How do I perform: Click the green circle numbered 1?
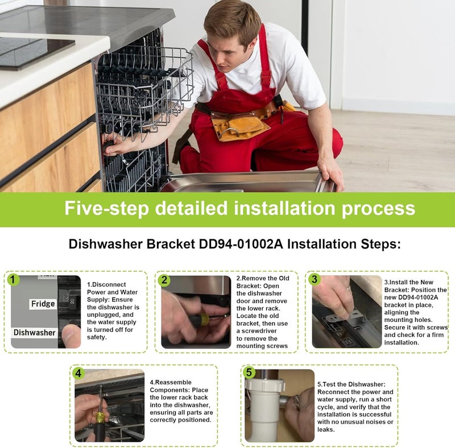(13, 280)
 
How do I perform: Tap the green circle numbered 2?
(164, 280)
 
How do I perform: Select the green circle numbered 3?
(315, 279)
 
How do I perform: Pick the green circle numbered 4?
(78, 373)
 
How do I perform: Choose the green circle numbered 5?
(249, 372)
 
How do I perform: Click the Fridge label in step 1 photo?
(43, 304)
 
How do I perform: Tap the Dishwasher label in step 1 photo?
(34, 333)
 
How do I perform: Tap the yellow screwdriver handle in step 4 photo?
(100, 418)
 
